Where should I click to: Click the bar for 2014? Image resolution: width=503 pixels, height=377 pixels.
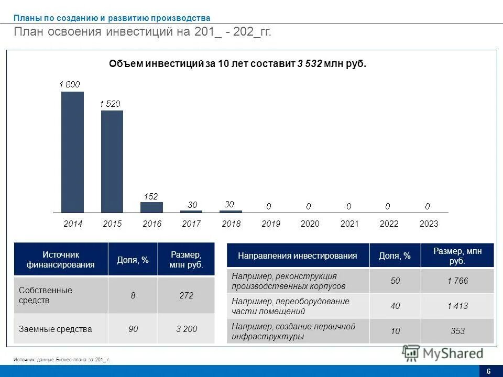click(72, 152)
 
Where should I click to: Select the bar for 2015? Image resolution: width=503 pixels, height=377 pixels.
click(112, 161)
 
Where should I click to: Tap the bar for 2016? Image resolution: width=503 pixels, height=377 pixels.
click(151, 207)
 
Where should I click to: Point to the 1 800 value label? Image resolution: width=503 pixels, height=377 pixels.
click(70, 84)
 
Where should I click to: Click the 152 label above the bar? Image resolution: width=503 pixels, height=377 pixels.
click(151, 196)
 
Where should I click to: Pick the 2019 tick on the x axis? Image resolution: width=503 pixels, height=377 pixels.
click(271, 224)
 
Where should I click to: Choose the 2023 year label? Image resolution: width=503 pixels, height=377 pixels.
click(429, 224)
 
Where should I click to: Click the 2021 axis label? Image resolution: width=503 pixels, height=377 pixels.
click(349, 224)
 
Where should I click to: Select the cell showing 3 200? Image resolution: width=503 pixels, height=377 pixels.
click(187, 329)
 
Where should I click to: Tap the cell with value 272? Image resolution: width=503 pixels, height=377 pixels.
click(186, 295)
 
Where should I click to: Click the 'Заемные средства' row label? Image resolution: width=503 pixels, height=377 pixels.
click(55, 329)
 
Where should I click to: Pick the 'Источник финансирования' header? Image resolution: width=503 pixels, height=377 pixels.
click(61, 259)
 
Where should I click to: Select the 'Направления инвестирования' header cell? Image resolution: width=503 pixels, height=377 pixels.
click(298, 256)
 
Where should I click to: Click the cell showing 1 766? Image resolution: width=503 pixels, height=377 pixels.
click(457, 281)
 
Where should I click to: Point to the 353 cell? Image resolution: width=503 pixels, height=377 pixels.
click(457, 331)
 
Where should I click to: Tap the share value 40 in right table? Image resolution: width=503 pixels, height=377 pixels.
click(395, 306)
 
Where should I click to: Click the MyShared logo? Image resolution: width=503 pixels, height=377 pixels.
click(443, 353)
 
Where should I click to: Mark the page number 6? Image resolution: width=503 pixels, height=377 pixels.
click(488, 371)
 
